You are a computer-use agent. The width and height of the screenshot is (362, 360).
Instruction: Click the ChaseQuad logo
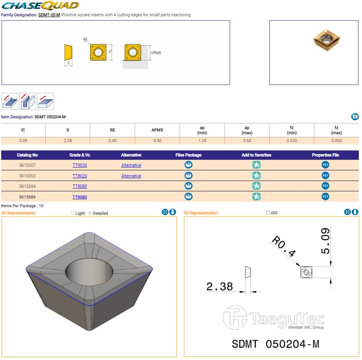[x=41, y=6]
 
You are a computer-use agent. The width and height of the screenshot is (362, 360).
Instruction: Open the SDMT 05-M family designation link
[x=49, y=15]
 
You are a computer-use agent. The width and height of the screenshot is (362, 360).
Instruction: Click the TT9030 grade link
[x=79, y=165]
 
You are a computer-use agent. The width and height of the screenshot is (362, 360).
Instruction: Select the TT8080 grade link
[x=79, y=186]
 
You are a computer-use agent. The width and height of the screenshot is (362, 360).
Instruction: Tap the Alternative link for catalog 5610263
[x=131, y=176]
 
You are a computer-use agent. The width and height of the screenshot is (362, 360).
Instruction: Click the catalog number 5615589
[x=27, y=197]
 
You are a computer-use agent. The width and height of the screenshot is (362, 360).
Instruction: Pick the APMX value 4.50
[x=157, y=141]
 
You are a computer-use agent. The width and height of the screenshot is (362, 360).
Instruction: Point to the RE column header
[x=112, y=130]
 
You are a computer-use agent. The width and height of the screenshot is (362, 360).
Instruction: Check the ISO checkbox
[x=268, y=212]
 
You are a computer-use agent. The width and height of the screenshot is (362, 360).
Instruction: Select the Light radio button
[x=72, y=213]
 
